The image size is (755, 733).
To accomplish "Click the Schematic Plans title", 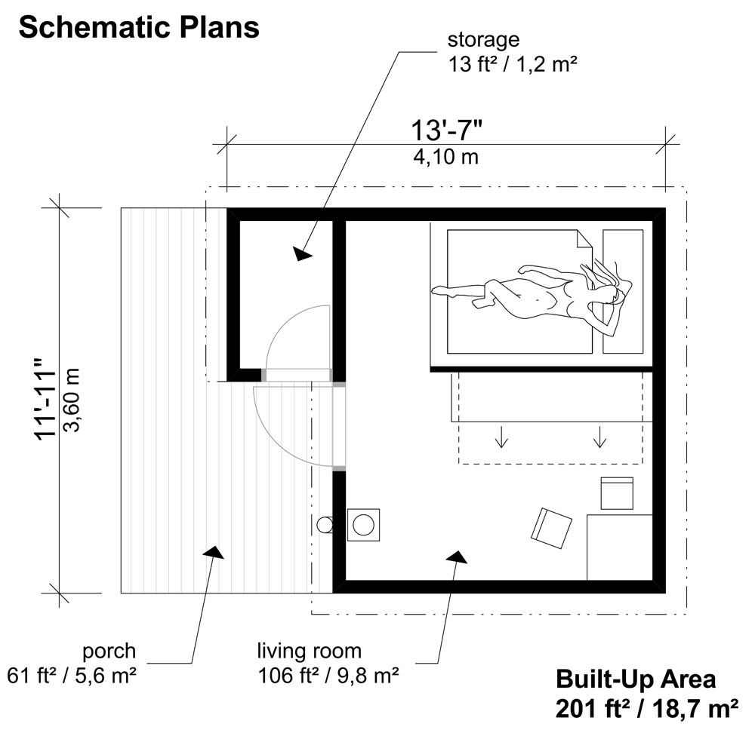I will (139, 28).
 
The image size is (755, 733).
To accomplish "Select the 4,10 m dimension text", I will (446, 158).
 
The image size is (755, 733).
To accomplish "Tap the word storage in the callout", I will (483, 39).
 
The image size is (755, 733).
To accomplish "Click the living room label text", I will (309, 650).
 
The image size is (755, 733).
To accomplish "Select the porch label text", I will (110, 650).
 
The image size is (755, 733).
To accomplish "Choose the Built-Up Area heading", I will (636, 678).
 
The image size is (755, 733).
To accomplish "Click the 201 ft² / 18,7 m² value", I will (646, 709).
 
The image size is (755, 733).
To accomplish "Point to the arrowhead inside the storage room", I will (303, 253).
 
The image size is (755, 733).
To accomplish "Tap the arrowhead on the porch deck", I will (214, 551).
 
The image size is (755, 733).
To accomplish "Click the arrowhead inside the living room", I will (455, 556).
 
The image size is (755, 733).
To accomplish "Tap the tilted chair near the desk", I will (551, 528).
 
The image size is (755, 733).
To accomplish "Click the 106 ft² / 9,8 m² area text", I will (328, 675).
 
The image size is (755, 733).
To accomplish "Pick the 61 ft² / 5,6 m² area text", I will (72, 675).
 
